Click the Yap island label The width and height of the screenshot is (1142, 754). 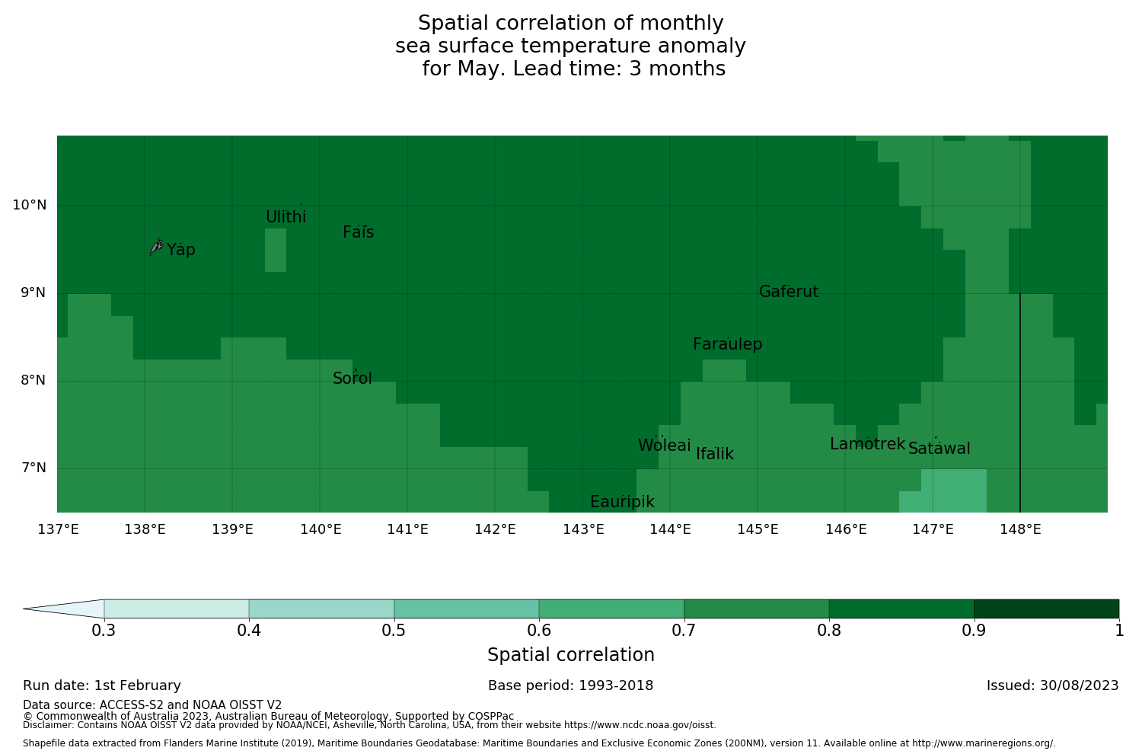pyautogui.click(x=181, y=250)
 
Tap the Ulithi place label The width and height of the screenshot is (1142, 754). pyautogui.click(x=286, y=217)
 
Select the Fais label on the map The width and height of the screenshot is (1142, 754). pyautogui.click(x=358, y=232)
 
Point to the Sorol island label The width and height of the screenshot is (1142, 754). pyautogui.click(x=352, y=379)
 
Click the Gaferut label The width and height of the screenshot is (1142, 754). pyautogui.click(x=789, y=292)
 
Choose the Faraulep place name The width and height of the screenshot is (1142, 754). pyautogui.click(x=727, y=344)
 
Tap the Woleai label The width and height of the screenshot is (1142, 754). pyautogui.click(x=665, y=446)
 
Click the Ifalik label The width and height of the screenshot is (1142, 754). pyautogui.click(x=715, y=454)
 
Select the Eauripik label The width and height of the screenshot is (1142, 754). pyautogui.click(x=622, y=502)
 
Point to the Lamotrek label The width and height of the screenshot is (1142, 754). pyautogui.click(x=867, y=444)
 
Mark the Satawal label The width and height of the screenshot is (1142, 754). pyautogui.click(x=939, y=449)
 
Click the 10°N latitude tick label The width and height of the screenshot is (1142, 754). pyautogui.click(x=29, y=205)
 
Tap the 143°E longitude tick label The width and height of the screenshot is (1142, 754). pyautogui.click(x=583, y=529)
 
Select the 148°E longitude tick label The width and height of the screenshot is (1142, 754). pyautogui.click(x=1020, y=529)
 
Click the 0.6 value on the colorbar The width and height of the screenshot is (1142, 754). pyautogui.click(x=539, y=631)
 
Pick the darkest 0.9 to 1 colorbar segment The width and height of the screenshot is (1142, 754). pyautogui.click(x=1046, y=609)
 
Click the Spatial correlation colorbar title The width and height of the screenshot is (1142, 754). pyautogui.click(x=571, y=655)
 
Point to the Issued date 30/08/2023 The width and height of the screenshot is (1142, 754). pyautogui.click(x=1052, y=685)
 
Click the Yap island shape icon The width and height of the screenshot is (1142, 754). pyautogui.click(x=156, y=246)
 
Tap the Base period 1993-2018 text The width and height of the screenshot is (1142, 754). pyautogui.click(x=571, y=685)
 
